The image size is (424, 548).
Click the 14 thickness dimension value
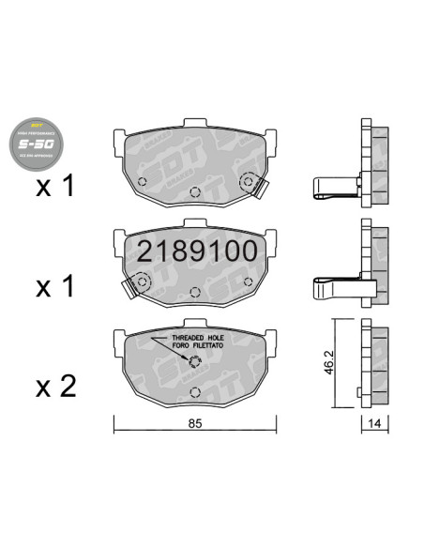(x=375, y=422)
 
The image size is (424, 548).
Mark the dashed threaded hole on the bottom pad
(x=194, y=363)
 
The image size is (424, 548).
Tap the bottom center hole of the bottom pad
(x=192, y=391)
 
